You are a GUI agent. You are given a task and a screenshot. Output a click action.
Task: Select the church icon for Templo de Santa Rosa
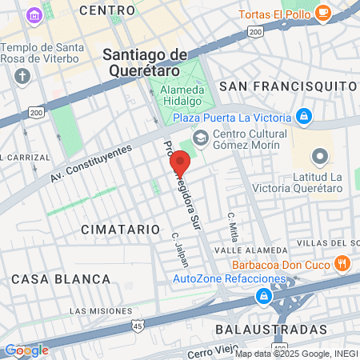(x=22, y=77)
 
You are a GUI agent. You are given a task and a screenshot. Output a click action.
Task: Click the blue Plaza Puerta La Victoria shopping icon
(x=303, y=117)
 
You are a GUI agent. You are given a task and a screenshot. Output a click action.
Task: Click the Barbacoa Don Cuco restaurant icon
(x=342, y=262)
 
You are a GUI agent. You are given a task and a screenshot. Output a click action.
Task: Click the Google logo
(x=26, y=350)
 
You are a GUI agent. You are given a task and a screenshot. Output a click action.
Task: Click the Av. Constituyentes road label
(x=90, y=162)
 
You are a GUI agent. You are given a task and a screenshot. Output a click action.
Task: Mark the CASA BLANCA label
(x=61, y=278)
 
